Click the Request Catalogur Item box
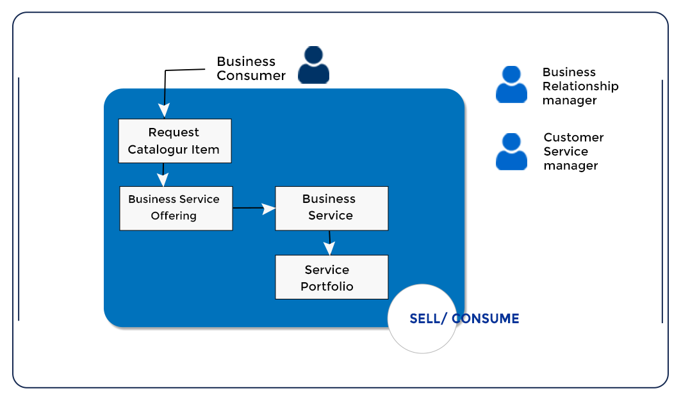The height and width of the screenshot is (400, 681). coord(174,141)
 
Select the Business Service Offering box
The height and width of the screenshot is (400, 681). coord(176,208)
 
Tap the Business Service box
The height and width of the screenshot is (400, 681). coord(331,208)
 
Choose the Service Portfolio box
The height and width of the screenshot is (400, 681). coord(331,277)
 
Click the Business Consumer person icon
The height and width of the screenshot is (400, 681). coord(313,65)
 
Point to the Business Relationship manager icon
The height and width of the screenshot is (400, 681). coord(511,84)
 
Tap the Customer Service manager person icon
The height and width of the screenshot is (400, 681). coord(511,152)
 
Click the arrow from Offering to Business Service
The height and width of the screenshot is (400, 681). coord(253,208)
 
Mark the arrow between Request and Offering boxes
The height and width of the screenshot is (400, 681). coord(163,174)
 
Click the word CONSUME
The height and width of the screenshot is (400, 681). coord(485,319)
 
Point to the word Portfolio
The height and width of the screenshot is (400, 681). coord(327,286)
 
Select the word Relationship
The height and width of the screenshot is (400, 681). coord(580,86)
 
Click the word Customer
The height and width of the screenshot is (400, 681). coord(573,138)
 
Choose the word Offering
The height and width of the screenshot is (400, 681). coord(174,216)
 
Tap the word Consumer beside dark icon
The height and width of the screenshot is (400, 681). coord(251,76)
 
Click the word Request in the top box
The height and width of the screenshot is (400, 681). coord(174,132)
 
